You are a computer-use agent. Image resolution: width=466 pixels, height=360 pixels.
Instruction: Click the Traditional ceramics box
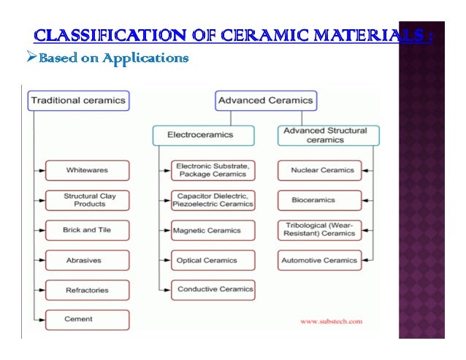click(x=78, y=100)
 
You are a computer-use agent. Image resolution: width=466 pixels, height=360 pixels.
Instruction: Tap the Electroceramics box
click(x=203, y=135)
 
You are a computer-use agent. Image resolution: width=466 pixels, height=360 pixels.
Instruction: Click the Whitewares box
click(x=87, y=170)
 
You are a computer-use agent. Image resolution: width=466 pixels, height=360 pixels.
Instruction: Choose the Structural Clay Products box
click(x=87, y=200)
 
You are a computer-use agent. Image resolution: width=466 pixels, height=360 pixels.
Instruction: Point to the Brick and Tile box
click(x=87, y=230)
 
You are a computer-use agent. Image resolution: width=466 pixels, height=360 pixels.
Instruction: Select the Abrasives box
click(x=87, y=260)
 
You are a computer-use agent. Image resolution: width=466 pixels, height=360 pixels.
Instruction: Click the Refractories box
click(x=87, y=290)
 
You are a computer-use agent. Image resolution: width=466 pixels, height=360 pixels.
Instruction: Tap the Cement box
click(x=87, y=320)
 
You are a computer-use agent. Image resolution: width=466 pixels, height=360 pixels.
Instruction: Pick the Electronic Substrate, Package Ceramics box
click(x=213, y=170)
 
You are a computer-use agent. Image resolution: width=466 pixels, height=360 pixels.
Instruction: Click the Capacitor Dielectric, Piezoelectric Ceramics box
click(x=213, y=200)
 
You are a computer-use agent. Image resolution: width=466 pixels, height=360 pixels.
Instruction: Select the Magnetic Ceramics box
click(x=213, y=230)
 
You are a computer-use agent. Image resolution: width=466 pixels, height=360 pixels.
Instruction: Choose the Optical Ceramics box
click(x=213, y=260)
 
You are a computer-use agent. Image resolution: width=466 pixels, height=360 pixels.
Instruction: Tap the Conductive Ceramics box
click(x=213, y=290)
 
